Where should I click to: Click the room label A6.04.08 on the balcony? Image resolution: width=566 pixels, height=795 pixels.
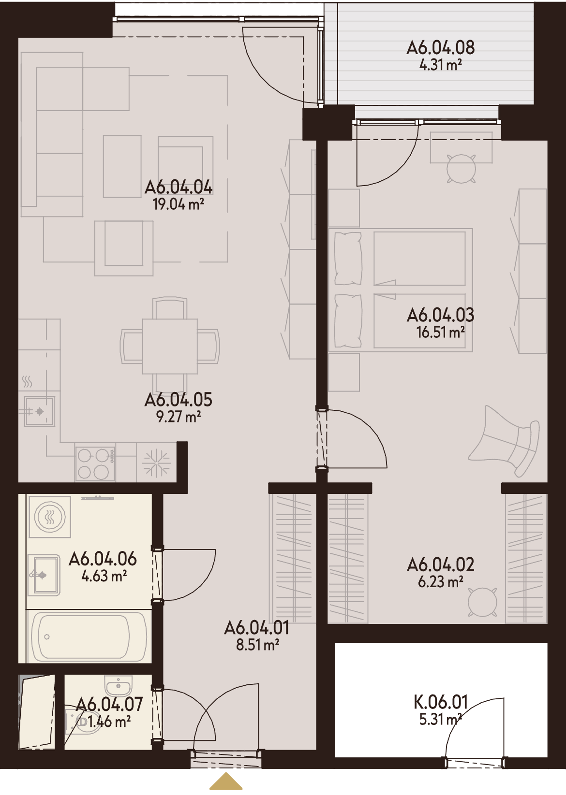(441, 47)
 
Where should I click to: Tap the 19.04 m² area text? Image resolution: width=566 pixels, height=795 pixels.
(178, 204)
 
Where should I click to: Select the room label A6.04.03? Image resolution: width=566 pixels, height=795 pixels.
(441, 315)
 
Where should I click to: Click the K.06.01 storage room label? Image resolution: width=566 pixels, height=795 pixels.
(441, 702)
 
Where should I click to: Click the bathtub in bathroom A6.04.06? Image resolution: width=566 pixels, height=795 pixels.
(89, 636)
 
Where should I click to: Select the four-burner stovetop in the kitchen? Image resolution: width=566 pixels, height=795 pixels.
(95, 463)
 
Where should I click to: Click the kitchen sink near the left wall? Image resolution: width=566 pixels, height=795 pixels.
(40, 411)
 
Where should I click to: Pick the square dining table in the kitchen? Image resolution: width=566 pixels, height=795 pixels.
(170, 347)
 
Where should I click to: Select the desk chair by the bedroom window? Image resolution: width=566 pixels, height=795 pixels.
(461, 169)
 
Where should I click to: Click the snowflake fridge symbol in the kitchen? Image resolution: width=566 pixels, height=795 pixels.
(156, 463)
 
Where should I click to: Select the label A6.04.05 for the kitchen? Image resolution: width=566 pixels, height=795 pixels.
(178, 400)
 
